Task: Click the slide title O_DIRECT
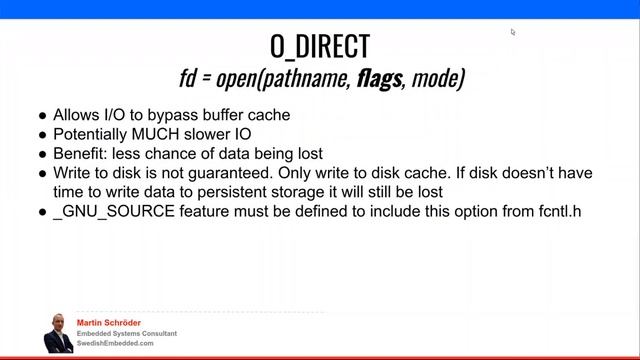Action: [x=320, y=46]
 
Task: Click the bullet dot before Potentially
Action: [x=42, y=135]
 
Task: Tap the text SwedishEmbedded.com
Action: [x=115, y=343]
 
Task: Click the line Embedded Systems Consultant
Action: [x=127, y=333]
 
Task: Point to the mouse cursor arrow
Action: [x=513, y=32]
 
